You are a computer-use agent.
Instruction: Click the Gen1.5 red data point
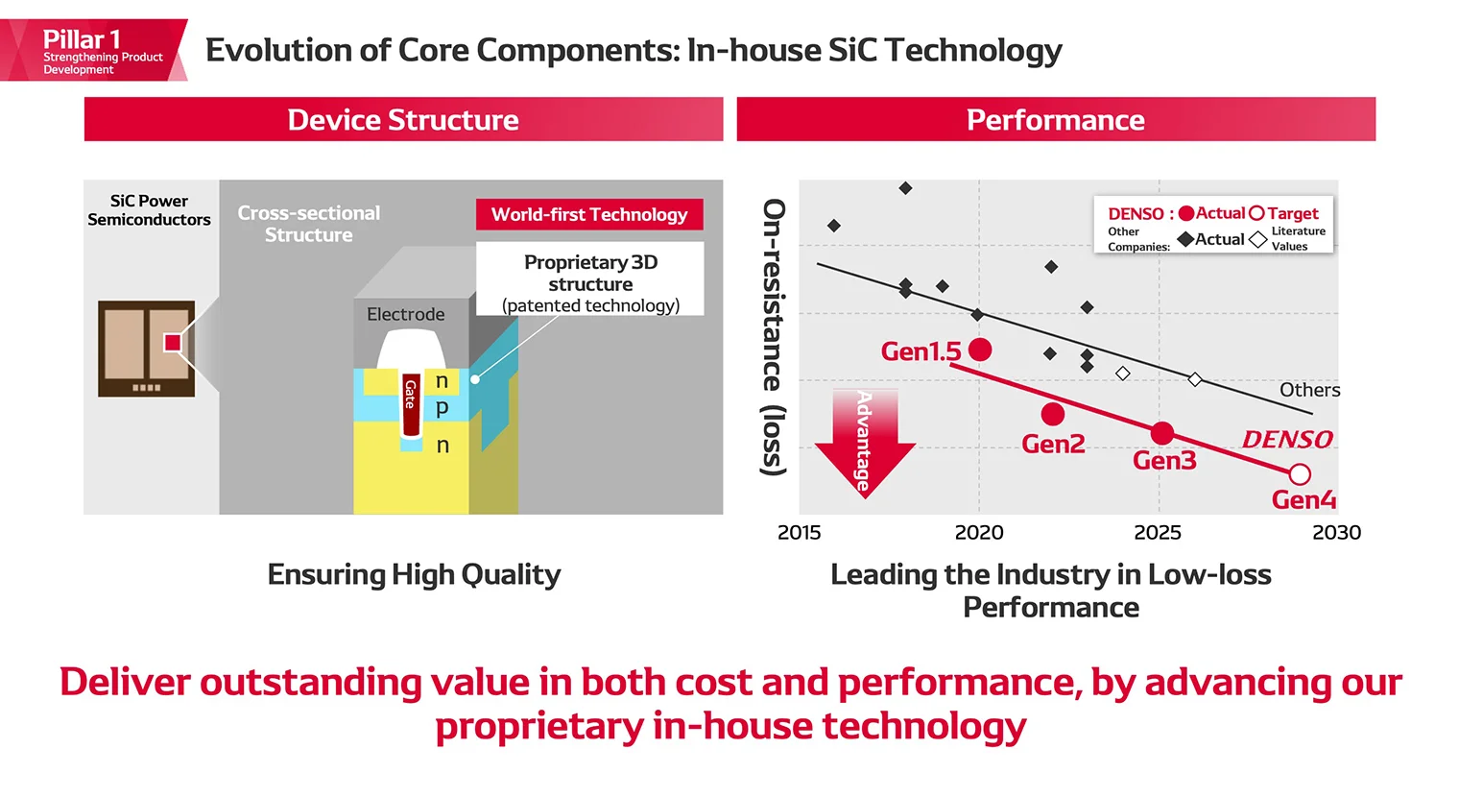pos(980,350)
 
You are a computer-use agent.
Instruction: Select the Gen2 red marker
pos(1053,414)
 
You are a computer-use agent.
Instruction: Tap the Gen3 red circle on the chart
pos(1162,433)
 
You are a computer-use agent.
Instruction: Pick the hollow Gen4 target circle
pos(1300,474)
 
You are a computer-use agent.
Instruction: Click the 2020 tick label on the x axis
pos(979,533)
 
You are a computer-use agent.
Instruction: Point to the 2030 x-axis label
pos(1336,533)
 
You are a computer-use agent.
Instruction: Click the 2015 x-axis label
pos(799,533)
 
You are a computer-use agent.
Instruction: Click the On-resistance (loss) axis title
pos(774,336)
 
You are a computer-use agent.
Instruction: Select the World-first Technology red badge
pos(589,214)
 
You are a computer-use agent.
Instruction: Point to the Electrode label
pos(405,314)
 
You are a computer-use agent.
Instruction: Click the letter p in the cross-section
pos(442,407)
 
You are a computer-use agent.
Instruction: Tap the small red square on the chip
pos(173,343)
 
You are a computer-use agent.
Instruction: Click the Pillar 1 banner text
pos(82,40)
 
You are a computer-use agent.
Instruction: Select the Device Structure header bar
pos(403,120)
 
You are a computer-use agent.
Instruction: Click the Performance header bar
pos(1056,120)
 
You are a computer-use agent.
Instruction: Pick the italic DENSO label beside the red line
pos(1287,440)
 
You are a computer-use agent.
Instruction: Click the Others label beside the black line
pos(1309,390)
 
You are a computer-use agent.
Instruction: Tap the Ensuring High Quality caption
pos(414,574)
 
